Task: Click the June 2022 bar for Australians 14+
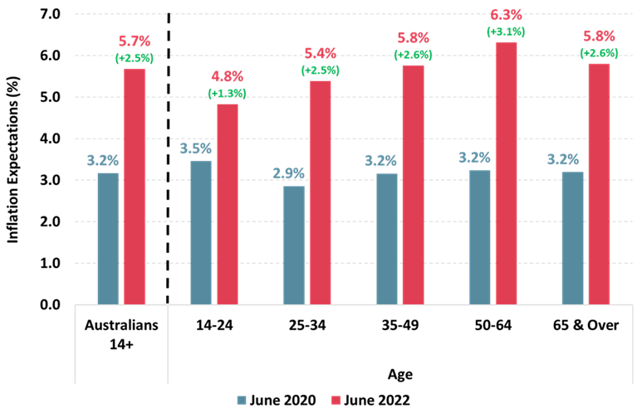pyautogui.click(x=135, y=187)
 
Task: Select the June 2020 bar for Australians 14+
pyautogui.click(x=108, y=238)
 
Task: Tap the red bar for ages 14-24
pyautogui.click(x=228, y=204)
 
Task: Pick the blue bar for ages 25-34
pyautogui.click(x=294, y=245)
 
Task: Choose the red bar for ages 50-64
pyautogui.click(x=506, y=173)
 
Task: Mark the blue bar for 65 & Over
pyautogui.click(x=572, y=238)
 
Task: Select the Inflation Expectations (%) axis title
pyautogui.click(x=13, y=159)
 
